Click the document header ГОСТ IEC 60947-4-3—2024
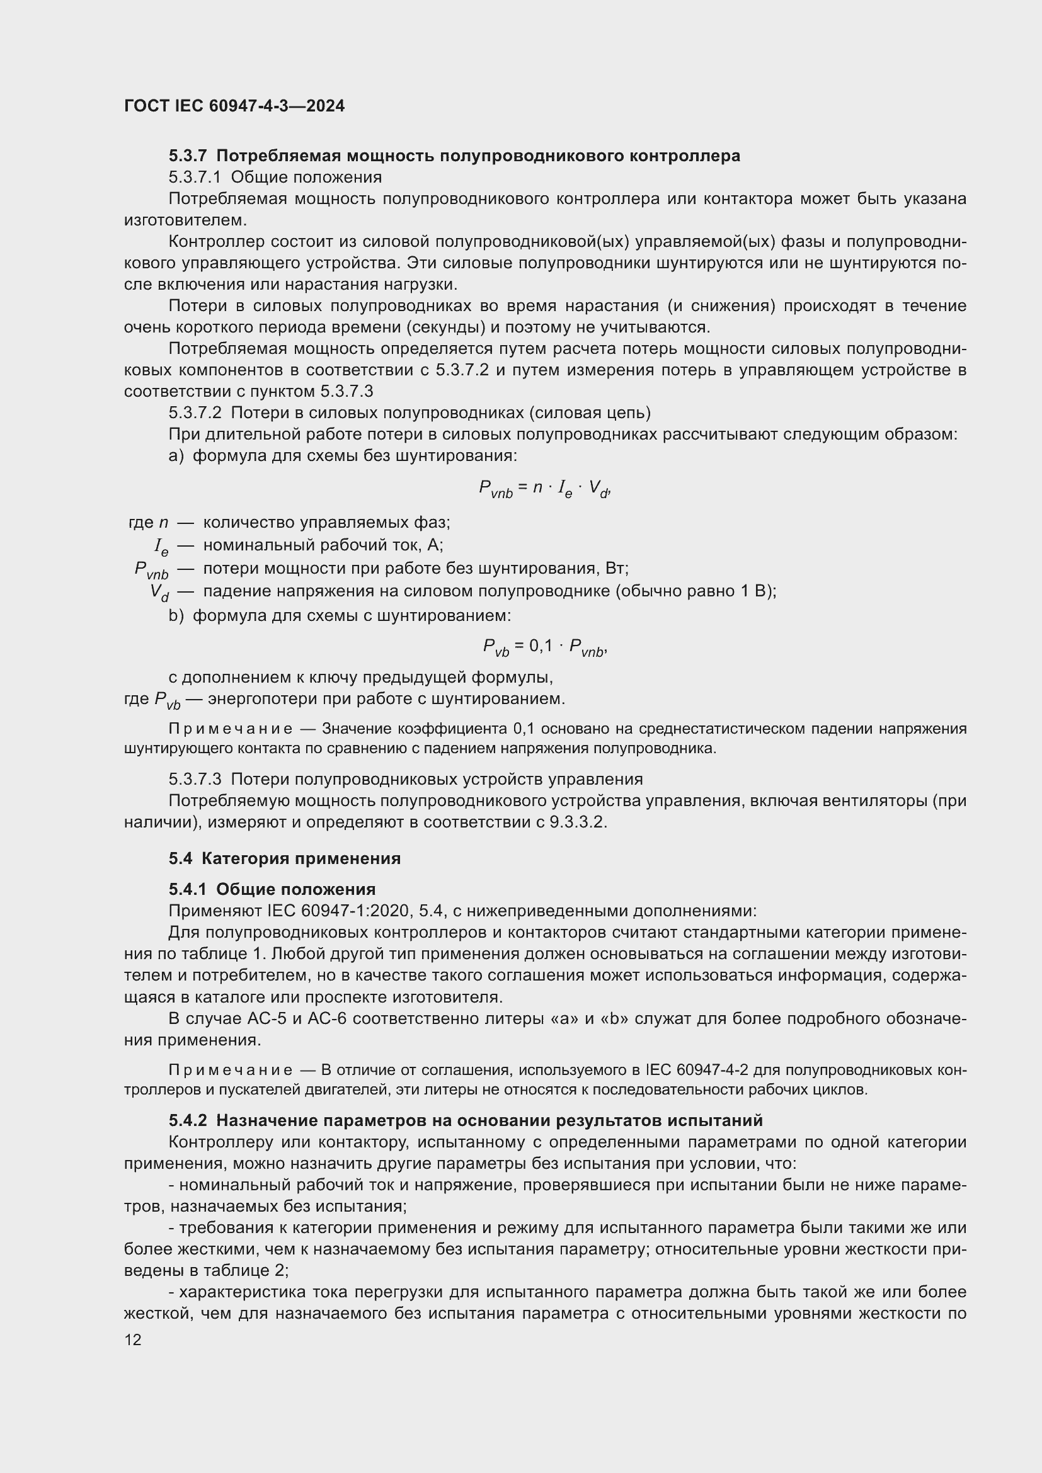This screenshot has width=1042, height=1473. tap(234, 106)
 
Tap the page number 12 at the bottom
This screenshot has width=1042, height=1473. tap(133, 1339)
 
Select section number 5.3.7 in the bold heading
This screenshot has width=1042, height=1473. tap(188, 156)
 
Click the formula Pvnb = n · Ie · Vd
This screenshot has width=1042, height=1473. tap(544, 489)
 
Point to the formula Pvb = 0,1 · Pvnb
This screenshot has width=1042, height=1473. tap(545, 647)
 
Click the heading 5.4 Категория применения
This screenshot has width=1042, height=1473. tap(284, 858)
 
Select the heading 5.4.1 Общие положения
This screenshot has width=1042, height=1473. tap(272, 889)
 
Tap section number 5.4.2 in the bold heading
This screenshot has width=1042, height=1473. tap(188, 1120)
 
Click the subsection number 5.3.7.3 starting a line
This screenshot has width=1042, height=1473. tap(195, 779)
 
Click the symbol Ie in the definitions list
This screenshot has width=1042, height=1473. tap(161, 547)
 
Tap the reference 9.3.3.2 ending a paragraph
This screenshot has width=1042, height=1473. tap(577, 822)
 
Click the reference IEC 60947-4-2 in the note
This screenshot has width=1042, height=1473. tap(697, 1070)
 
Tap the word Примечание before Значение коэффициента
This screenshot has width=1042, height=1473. tap(231, 729)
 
